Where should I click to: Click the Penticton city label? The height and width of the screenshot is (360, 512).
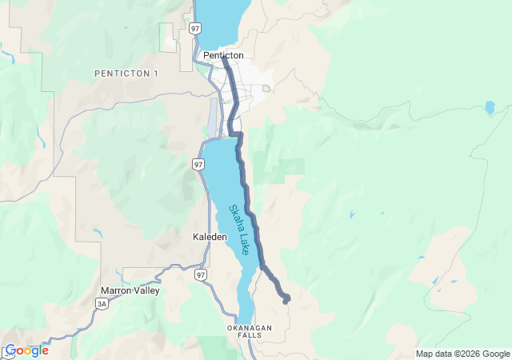point(223,55)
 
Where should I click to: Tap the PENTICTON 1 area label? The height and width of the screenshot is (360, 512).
point(126,74)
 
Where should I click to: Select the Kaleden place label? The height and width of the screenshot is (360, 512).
point(210,238)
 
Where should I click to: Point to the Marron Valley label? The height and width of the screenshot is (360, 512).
point(130,290)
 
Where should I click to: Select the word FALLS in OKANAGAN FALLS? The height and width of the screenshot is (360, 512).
point(250,336)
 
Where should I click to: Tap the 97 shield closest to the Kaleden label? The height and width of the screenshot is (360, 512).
point(200,274)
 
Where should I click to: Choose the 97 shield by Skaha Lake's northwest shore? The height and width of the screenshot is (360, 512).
point(198,164)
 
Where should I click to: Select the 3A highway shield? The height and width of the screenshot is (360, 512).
point(101,304)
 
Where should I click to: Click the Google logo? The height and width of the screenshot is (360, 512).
point(26,350)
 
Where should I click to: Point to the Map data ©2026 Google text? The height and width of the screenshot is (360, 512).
point(462,354)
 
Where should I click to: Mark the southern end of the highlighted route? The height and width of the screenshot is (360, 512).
point(286,302)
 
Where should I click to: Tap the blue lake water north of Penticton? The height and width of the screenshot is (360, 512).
point(216,20)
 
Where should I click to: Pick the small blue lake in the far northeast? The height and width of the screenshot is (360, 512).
point(490,106)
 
